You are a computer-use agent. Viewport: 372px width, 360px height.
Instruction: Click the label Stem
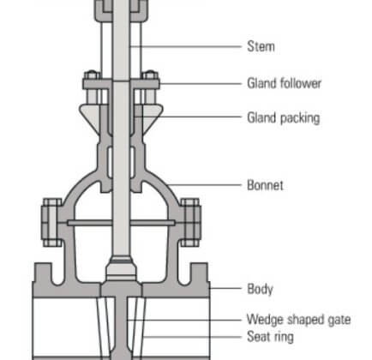(x=261, y=46)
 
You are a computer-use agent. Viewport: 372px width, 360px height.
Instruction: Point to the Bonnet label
(x=265, y=185)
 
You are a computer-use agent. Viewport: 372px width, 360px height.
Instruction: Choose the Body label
(x=260, y=289)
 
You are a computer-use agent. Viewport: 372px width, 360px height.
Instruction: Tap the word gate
(x=339, y=320)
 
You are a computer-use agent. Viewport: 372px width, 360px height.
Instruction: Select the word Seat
(x=259, y=336)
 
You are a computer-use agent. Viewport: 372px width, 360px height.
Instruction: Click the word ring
(x=284, y=337)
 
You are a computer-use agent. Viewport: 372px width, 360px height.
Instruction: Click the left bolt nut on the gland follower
(x=92, y=75)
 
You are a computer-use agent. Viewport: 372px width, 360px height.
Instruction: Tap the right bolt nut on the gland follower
(x=150, y=75)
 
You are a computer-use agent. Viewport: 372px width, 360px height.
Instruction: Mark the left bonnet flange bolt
(x=51, y=222)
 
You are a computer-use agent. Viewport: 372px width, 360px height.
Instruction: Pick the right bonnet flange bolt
(x=190, y=222)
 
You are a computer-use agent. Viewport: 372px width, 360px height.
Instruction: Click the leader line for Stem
(x=186, y=46)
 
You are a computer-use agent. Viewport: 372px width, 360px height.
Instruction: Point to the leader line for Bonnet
(x=204, y=185)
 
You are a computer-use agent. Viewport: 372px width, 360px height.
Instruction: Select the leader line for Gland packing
(x=189, y=117)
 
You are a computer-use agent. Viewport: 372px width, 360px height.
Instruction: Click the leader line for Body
(x=225, y=288)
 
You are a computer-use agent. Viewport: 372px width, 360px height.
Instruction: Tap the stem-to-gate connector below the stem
(x=121, y=269)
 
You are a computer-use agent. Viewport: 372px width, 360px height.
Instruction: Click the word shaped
(x=305, y=320)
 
